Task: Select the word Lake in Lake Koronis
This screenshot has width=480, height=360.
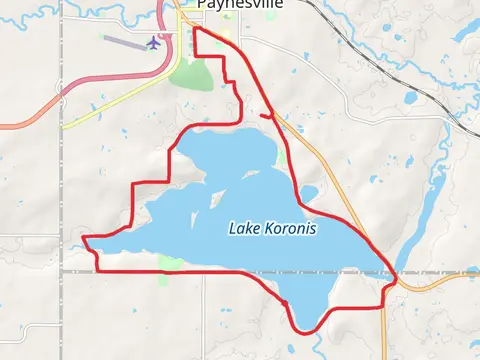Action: tap(243, 229)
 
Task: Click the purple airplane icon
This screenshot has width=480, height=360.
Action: tap(154, 42)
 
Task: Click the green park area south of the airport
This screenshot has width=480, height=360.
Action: tap(190, 75)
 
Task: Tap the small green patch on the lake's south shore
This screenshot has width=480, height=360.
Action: tap(170, 263)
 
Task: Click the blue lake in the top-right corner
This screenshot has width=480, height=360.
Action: tap(466, 30)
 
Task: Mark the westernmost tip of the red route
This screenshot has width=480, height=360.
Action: tap(83, 238)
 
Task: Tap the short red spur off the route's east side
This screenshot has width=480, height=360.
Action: tap(265, 116)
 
